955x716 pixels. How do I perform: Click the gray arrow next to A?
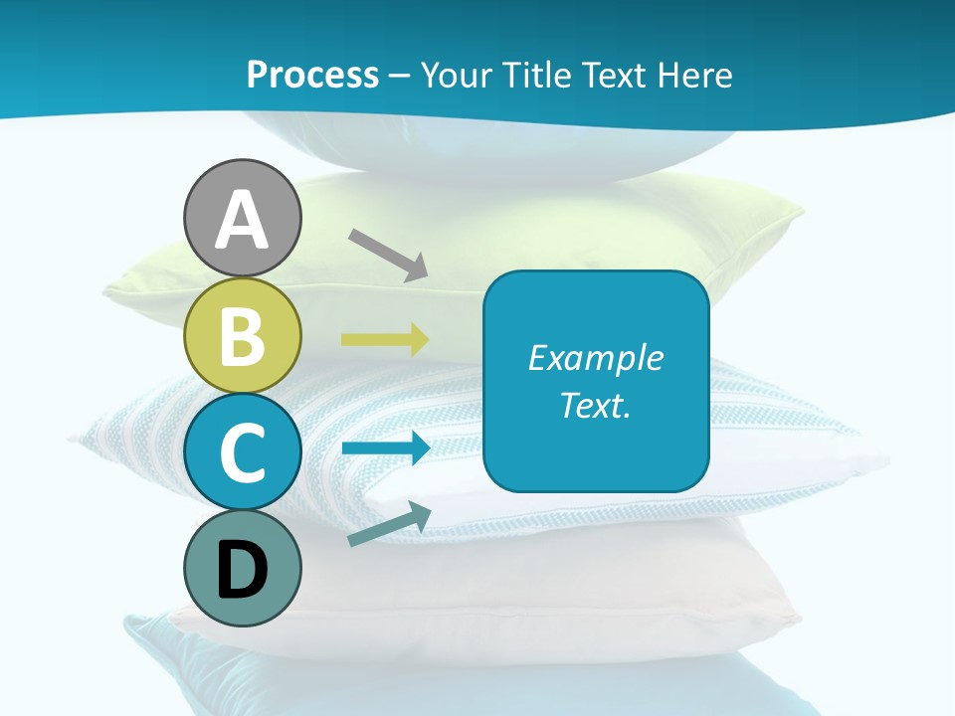point(388,254)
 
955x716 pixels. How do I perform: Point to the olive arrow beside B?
point(385,340)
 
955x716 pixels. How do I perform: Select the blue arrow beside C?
point(385,447)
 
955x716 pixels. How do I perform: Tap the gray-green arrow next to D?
point(389,525)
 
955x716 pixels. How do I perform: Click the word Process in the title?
point(312,76)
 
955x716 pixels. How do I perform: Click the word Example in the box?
point(595,358)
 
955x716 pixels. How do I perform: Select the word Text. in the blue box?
point(595,405)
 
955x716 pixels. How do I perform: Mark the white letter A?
point(242,221)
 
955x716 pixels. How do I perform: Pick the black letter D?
point(242,571)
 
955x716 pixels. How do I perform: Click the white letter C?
point(242,453)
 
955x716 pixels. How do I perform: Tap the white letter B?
point(242,337)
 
